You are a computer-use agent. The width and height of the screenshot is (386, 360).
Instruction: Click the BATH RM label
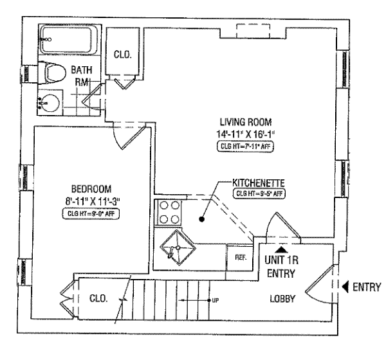coord(83,75)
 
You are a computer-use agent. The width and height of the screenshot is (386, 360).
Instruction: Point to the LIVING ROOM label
coord(246,122)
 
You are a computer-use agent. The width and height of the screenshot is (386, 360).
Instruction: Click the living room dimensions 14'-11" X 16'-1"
coord(246,134)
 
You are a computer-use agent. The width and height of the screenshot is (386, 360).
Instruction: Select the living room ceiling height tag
coord(246,147)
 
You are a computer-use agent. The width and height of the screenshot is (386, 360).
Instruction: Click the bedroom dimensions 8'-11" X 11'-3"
coord(91,201)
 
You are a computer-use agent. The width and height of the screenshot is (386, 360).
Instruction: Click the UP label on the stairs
coord(214,300)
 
